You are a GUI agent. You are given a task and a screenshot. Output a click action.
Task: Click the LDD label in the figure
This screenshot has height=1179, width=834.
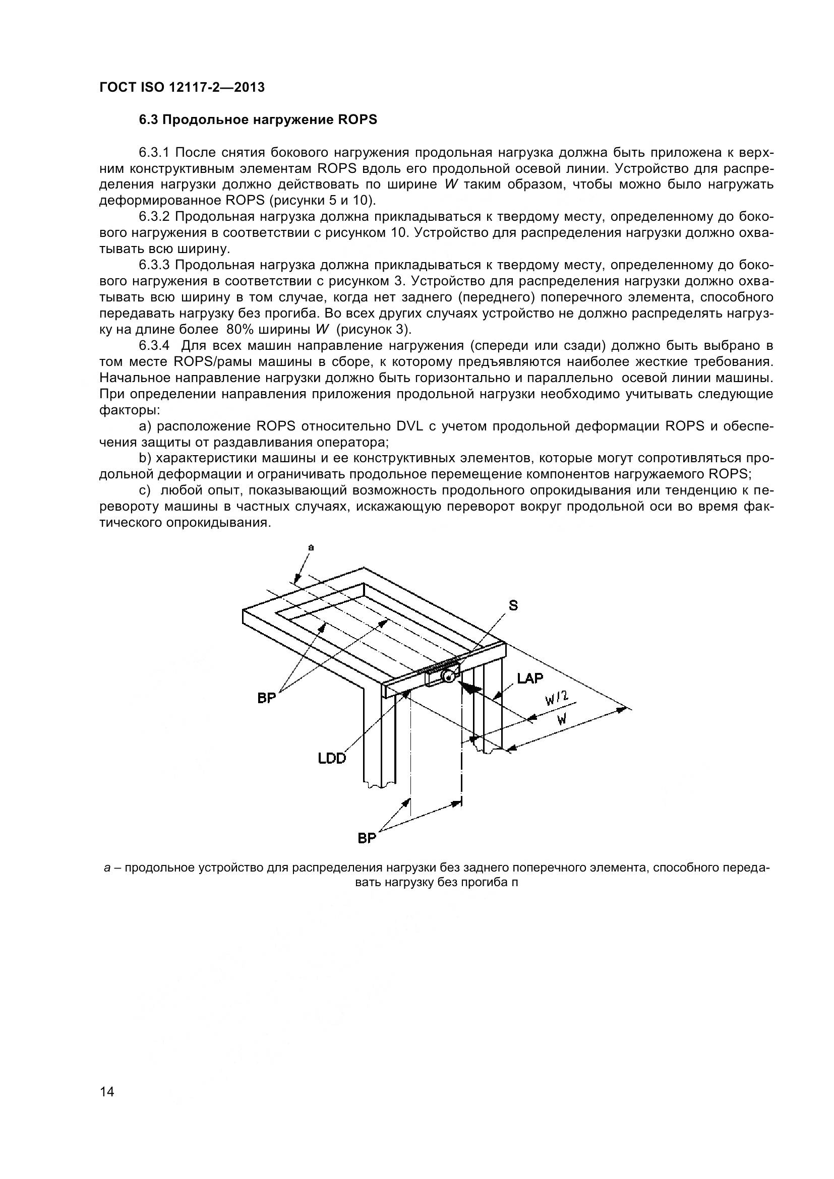(x=332, y=758)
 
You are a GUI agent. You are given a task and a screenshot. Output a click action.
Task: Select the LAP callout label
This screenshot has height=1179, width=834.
(x=530, y=678)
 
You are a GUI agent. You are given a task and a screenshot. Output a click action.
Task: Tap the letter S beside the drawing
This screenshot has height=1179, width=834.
(x=513, y=606)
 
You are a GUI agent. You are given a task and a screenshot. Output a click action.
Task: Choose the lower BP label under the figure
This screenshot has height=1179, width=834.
(x=367, y=838)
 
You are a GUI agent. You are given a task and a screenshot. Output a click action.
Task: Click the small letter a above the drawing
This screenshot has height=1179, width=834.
(x=310, y=548)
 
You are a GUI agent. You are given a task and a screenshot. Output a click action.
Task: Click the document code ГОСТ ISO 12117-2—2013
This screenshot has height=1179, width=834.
(x=182, y=87)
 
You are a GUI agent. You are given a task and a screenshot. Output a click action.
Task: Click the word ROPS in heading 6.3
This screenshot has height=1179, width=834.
(x=358, y=119)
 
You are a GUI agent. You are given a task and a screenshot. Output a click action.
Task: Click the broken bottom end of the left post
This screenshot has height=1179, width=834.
(x=381, y=785)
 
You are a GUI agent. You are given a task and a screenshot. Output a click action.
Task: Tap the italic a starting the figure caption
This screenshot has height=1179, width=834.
(x=107, y=868)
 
